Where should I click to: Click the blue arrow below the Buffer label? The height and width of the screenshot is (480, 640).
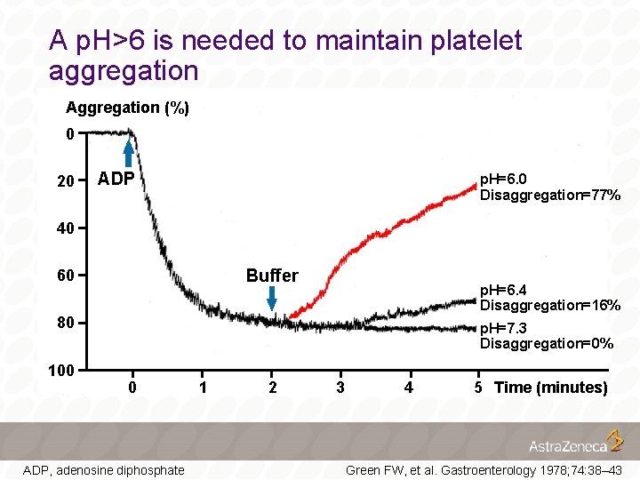[x=273, y=302]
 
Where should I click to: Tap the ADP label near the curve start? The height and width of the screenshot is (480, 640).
[x=116, y=179]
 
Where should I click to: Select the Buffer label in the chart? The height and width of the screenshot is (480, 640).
[x=272, y=276]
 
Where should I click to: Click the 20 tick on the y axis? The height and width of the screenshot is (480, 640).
[x=65, y=181]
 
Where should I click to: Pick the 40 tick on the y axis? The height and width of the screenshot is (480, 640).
[x=65, y=228]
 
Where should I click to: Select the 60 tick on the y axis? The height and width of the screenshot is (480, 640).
[x=65, y=275]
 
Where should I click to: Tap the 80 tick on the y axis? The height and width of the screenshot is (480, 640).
[x=65, y=322]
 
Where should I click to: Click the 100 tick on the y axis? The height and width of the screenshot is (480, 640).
[x=61, y=369]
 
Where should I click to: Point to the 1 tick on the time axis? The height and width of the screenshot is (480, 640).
[x=203, y=387]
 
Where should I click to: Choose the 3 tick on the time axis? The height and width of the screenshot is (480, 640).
[x=340, y=387]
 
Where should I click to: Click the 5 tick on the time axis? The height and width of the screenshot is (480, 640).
[x=478, y=387]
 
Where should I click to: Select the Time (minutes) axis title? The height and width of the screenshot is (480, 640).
[x=550, y=387]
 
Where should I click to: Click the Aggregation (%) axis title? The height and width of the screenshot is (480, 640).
[x=127, y=108]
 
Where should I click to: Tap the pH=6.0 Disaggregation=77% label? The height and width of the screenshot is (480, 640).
[x=549, y=187]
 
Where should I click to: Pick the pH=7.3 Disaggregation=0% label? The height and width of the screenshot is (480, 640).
[x=546, y=335]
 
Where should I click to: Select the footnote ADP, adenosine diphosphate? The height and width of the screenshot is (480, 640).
[x=103, y=469]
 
